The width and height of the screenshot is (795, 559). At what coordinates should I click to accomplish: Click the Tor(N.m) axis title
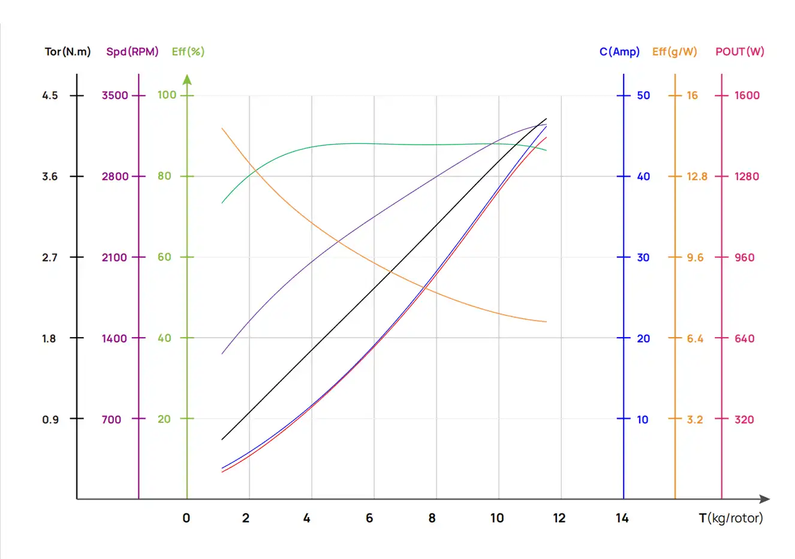point(68,52)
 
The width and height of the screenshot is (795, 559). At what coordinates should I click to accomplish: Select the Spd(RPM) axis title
point(132,52)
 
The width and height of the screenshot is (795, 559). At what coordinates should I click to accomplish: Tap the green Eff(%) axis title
point(188,52)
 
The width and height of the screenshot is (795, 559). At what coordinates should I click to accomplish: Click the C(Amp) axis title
point(619,52)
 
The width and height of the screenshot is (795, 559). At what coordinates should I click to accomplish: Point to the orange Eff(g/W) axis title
point(674,52)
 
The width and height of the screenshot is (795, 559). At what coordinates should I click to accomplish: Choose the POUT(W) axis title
point(740,52)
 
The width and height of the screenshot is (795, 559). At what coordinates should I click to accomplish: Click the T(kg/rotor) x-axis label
point(731,518)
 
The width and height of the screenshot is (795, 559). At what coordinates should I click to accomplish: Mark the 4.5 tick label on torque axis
point(50,95)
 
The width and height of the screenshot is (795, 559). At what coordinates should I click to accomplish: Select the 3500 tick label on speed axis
point(115,95)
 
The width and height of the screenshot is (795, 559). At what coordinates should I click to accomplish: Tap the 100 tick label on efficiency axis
point(167,95)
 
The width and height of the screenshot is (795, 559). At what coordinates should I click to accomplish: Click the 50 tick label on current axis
point(643,95)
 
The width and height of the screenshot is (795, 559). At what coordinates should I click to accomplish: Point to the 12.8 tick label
point(697,176)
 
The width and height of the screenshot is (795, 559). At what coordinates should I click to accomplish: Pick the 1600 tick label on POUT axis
point(747,95)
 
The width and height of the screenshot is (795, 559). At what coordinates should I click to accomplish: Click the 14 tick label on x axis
point(622,518)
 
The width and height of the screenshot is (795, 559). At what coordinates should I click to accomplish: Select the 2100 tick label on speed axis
point(115,257)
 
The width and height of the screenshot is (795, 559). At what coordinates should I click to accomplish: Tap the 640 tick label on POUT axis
point(745,338)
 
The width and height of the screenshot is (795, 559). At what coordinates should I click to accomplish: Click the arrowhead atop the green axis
point(187,79)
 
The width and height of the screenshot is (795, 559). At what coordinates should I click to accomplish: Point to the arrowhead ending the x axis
point(764,499)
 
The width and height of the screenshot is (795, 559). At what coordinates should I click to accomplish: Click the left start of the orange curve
point(222,128)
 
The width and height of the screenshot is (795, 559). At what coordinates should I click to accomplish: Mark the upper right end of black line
point(546,119)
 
